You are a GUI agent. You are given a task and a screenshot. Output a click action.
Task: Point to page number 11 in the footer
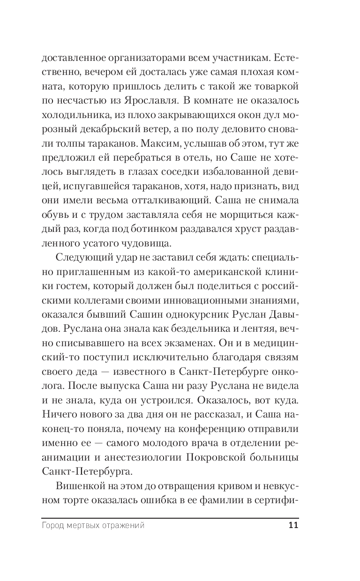[293, 525]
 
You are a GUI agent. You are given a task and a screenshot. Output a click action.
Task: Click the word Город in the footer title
[52, 526]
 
